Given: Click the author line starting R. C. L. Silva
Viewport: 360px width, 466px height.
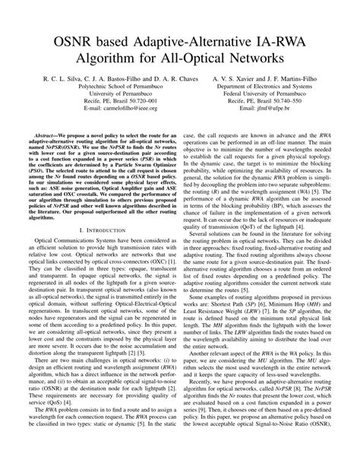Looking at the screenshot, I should (x=114, y=78).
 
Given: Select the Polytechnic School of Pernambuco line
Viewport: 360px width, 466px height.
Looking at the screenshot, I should (x=114, y=87).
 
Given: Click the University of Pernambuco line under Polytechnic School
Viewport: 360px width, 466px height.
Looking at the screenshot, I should (x=114, y=95).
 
